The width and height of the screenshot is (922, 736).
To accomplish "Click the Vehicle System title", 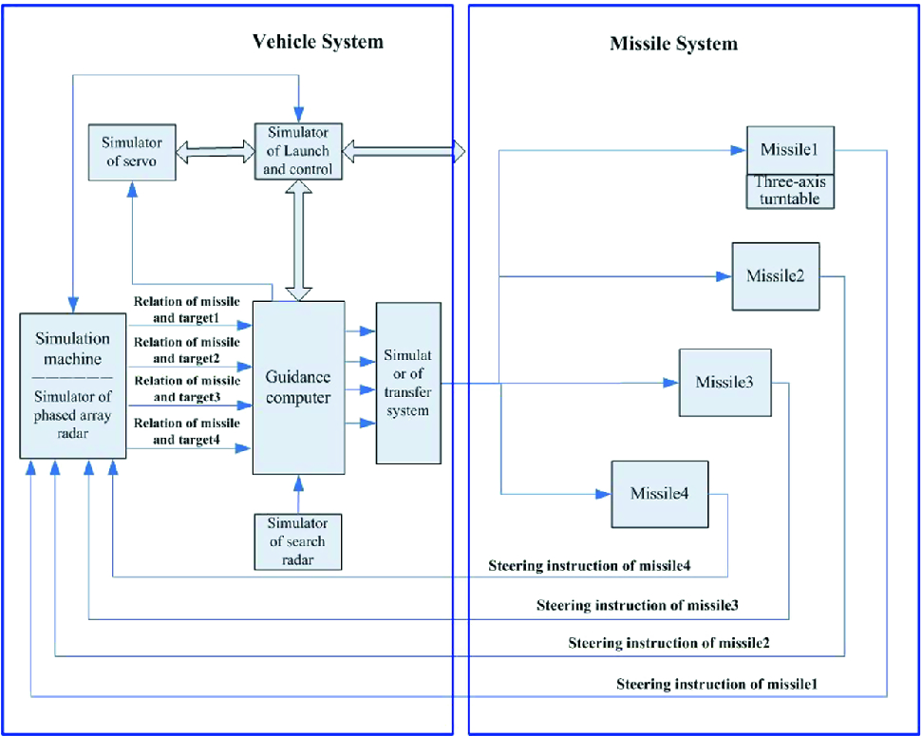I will tap(317, 42).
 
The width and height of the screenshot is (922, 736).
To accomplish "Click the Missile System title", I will tap(672, 44).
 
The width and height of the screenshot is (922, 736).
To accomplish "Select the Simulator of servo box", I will tap(133, 150).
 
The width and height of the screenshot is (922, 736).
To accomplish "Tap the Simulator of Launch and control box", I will tap(298, 151).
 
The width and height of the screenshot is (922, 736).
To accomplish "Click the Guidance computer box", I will tap(298, 387).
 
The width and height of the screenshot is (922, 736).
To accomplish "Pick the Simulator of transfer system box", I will tap(408, 383).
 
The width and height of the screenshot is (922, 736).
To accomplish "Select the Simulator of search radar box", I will tap(298, 541).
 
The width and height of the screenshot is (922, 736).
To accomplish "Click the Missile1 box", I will tap(790, 150).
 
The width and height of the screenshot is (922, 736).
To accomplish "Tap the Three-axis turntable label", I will tap(790, 190).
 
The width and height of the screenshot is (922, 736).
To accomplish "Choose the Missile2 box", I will tap(775, 276).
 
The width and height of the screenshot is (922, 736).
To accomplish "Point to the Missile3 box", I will tap(724, 382).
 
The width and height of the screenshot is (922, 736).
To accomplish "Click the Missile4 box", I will tap(658, 494).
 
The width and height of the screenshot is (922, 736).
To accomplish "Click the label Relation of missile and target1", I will tap(187, 308).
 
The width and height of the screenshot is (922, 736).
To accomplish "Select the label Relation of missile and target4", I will tap(187, 431).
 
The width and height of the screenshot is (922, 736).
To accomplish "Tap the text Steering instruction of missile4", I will tap(589, 566).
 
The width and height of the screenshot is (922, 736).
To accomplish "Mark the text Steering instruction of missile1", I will tap(717, 684).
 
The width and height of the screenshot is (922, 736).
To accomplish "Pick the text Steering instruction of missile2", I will tap(668, 643).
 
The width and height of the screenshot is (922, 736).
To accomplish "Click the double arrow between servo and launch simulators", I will tap(216, 150).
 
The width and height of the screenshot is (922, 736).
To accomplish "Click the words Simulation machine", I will tap(72, 348).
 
